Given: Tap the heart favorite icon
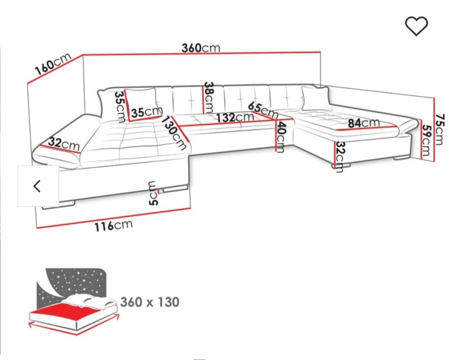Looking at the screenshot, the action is pos(416,26).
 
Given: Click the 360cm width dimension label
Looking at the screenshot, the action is pos(201,48).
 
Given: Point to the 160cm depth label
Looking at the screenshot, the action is pos(53,64).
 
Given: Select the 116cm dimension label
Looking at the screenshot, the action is pos(113,225).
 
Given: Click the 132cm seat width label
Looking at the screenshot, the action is pos(235,117).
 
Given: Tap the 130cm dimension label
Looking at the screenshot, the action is pos(174,132).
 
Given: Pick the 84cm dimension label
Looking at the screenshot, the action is pos(364,123).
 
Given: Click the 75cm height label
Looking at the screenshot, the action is pos(440,130).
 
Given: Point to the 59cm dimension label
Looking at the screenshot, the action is pos(427,140).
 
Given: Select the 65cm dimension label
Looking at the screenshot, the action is pos(263,110).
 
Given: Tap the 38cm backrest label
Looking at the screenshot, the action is pos(209,97).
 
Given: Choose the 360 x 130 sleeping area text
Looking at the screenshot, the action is pos(150,302).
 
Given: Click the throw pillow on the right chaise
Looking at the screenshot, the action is pos(315,98).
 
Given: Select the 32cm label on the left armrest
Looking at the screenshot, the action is pos(64,143).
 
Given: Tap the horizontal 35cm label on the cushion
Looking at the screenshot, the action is pos(147,112).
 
